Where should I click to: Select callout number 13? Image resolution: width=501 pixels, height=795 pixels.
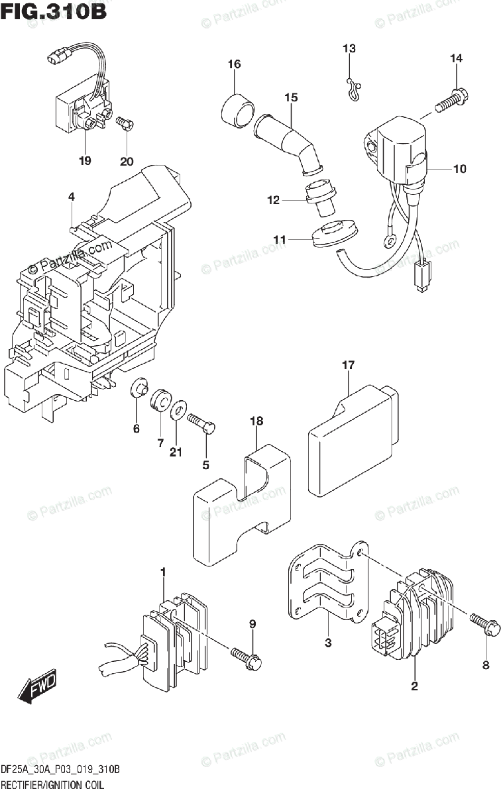[349, 48]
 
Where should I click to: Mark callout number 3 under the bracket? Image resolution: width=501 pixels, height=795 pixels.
[327, 643]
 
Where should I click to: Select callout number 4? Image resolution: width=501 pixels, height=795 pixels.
[71, 196]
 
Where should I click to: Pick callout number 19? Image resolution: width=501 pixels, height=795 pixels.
[85, 161]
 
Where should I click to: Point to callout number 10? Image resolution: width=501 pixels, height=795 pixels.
[459, 169]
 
